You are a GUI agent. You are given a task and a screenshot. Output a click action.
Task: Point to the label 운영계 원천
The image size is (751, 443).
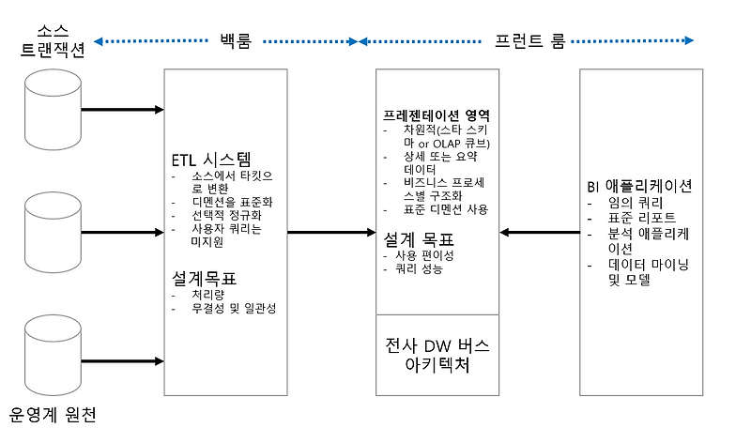pos(54,414)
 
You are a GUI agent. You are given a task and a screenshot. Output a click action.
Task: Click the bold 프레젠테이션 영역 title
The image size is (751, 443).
pos(436,115)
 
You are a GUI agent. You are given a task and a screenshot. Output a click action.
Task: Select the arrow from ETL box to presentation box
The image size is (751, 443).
pos(330,231)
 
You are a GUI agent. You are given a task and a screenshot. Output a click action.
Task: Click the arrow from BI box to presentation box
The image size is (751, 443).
pos(539,231)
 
